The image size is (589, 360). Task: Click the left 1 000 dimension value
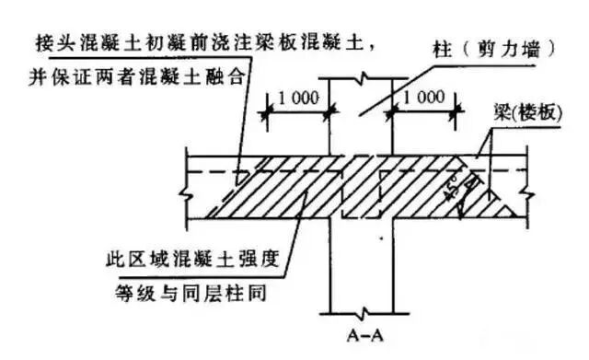[298, 99]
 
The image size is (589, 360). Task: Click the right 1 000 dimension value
[423, 97]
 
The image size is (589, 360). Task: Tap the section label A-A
[365, 335]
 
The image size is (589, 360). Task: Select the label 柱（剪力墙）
[493, 49]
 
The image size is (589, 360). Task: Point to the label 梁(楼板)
[527, 111]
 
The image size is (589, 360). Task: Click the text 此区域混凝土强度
[192, 259]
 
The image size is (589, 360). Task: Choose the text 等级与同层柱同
[191, 293]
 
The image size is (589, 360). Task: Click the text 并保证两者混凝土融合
[137, 77]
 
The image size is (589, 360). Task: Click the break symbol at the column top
[364, 78]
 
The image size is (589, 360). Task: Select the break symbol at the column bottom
[364, 312]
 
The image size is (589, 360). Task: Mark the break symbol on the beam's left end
[186, 194]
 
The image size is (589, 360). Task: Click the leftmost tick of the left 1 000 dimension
[267, 112]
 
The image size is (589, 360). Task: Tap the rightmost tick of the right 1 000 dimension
[456, 111]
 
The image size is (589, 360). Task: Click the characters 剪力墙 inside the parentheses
[509, 49]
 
